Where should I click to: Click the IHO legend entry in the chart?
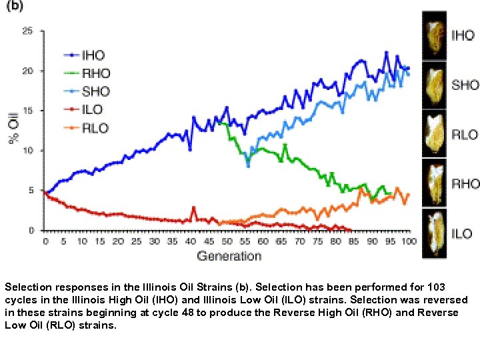93,55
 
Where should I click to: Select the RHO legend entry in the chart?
95,73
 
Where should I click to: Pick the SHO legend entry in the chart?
95,91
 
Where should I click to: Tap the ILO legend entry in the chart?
93,109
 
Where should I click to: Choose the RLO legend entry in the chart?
94,127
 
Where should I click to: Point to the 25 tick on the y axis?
29,31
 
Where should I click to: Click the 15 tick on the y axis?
29,111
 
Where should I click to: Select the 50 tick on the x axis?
227,241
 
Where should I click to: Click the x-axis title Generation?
229,255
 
